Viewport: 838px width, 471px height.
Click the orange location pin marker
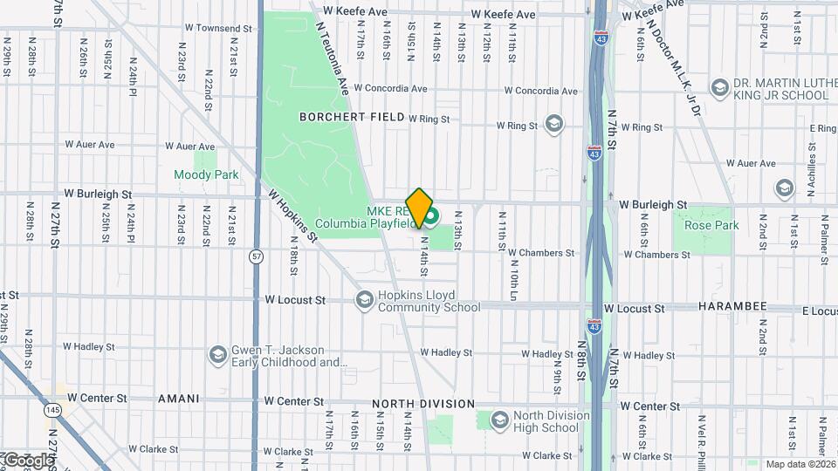(x=420, y=207)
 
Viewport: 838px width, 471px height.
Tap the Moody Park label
(x=206, y=174)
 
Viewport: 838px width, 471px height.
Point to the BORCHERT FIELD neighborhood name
(x=352, y=116)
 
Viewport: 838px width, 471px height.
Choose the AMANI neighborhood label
(x=178, y=399)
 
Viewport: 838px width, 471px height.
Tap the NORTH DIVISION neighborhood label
(x=423, y=404)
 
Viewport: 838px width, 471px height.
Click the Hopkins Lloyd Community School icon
(x=364, y=300)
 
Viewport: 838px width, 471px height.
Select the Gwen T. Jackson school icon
(x=217, y=355)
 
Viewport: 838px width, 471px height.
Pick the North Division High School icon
(x=499, y=421)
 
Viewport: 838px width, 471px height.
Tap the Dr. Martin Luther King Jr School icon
(x=719, y=88)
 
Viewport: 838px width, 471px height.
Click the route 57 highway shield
(x=256, y=256)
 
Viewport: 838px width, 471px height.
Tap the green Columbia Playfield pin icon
(x=430, y=214)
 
